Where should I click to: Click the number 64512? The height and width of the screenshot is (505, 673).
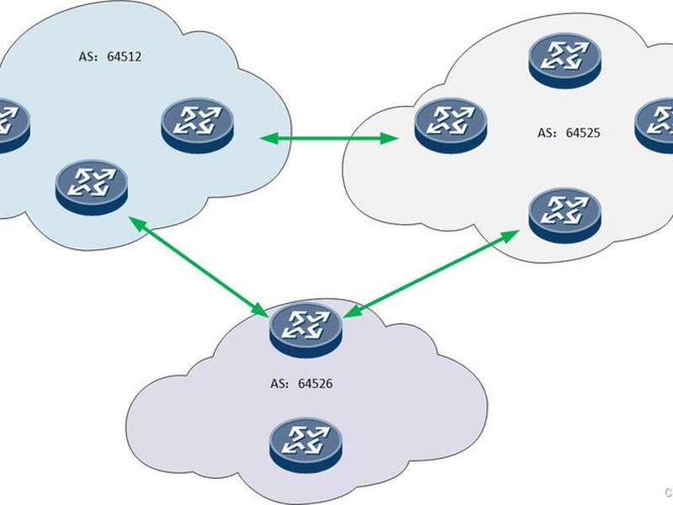click(124, 56)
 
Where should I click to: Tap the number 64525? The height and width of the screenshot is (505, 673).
click(582, 133)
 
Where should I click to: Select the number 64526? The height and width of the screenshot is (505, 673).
click(315, 383)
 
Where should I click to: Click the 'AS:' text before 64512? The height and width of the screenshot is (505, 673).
click(89, 56)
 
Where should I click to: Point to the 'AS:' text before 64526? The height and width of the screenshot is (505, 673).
click(280, 383)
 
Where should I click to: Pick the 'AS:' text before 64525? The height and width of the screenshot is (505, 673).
click(548, 133)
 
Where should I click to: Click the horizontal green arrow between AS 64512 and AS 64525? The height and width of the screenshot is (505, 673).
click(329, 138)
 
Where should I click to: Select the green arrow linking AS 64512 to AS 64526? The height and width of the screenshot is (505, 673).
click(199, 267)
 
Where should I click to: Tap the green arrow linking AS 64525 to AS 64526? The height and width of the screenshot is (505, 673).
click(431, 274)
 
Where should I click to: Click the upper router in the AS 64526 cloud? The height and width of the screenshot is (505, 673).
click(306, 330)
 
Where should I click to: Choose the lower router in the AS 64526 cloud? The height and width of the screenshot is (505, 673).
click(306, 446)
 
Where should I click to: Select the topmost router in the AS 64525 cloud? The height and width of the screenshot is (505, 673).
click(564, 61)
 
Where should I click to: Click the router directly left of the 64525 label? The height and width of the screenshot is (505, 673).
click(451, 125)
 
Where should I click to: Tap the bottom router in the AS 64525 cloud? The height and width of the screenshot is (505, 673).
click(564, 216)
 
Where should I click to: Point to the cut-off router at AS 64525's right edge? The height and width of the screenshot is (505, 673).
click(654, 125)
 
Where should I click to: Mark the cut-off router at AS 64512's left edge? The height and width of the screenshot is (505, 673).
click(13, 125)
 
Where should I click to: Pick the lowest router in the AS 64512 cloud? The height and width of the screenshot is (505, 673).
click(92, 188)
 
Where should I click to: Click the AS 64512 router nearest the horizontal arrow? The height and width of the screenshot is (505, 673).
click(198, 125)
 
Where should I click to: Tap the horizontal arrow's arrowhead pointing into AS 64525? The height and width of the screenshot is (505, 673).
click(389, 138)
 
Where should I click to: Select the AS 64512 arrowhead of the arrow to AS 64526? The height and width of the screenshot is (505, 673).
click(136, 222)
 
